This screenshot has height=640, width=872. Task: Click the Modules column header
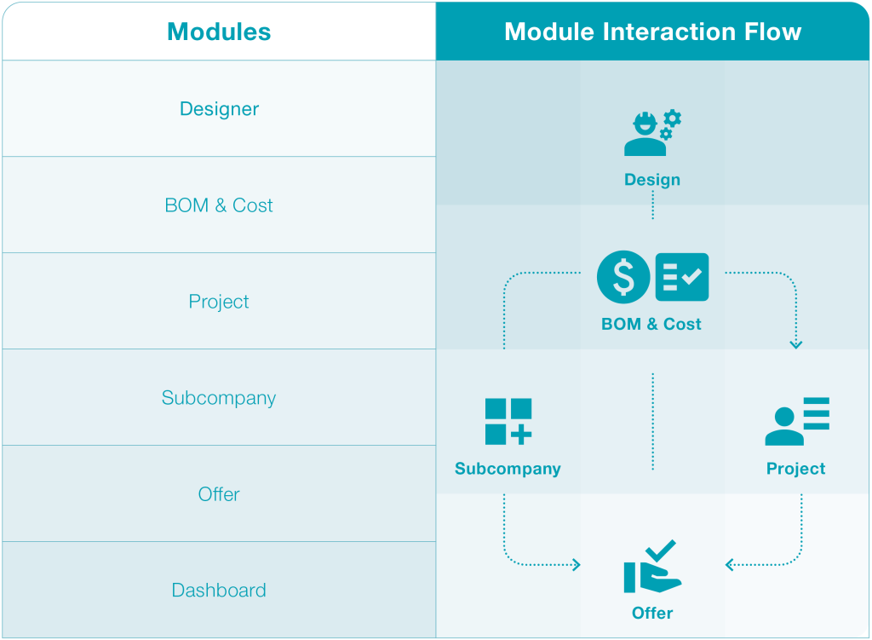pyautogui.click(x=219, y=32)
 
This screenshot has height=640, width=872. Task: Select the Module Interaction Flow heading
pyautogui.click(x=652, y=32)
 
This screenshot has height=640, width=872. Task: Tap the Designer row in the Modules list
pyautogui.click(x=219, y=109)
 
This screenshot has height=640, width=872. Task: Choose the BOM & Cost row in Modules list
pyautogui.click(x=219, y=205)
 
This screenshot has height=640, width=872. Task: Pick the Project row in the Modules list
pyautogui.click(x=219, y=302)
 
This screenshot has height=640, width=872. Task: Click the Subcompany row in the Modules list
pyautogui.click(x=219, y=398)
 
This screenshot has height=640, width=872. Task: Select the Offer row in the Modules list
pyautogui.click(x=219, y=494)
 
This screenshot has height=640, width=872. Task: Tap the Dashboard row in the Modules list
pyautogui.click(x=219, y=590)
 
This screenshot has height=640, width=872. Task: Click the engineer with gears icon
pyautogui.click(x=651, y=133)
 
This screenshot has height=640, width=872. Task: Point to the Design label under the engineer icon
pyautogui.click(x=652, y=180)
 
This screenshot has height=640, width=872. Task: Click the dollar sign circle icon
pyautogui.click(x=623, y=277)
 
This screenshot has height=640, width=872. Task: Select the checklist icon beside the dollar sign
pyautogui.click(x=682, y=277)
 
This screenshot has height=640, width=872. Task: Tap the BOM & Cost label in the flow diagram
pyautogui.click(x=651, y=324)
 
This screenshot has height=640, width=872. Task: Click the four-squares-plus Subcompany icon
pyautogui.click(x=508, y=421)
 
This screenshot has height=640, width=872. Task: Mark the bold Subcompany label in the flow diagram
pyautogui.click(x=508, y=469)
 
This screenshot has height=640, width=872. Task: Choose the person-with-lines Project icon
pyautogui.click(x=796, y=421)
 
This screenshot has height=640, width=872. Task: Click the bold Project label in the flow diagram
pyautogui.click(x=796, y=469)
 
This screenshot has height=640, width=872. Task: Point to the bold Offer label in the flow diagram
pyautogui.click(x=652, y=613)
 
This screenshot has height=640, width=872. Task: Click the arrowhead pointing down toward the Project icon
pyautogui.click(x=796, y=344)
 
